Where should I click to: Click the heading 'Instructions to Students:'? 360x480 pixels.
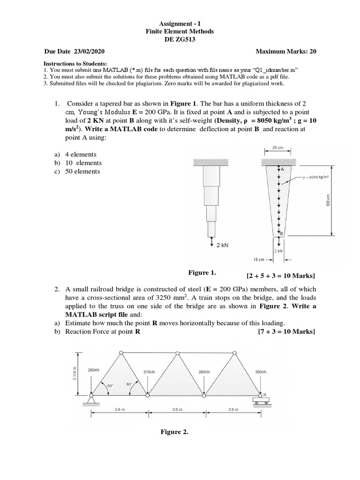click(75, 63)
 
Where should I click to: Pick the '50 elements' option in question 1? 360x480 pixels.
click(83, 172)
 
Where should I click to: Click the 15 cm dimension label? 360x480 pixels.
click(259, 259)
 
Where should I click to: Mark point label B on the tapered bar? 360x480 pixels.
click(281, 233)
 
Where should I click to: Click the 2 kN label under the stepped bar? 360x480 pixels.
click(222, 245)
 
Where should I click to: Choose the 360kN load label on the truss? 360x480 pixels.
click(261, 371)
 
